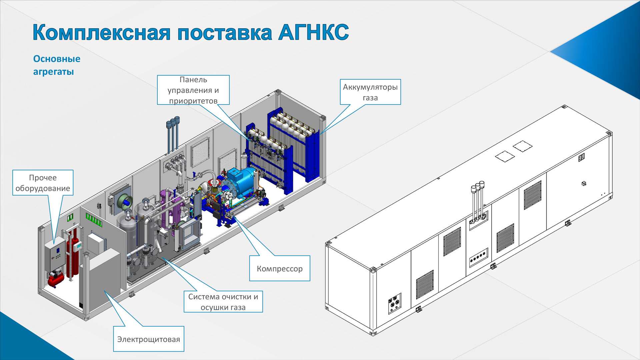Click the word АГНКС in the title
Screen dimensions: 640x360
[313, 32]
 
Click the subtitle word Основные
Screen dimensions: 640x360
[57, 59]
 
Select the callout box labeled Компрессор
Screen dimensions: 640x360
[280, 268]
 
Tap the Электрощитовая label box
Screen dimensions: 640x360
[149, 339]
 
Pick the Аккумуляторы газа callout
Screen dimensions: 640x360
[370, 92]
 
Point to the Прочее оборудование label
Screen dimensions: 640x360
[43, 183]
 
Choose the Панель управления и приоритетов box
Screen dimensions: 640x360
[193, 90]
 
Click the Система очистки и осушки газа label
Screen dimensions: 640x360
[223, 302]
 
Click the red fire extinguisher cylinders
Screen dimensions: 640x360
[72, 255]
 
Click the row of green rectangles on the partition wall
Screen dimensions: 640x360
[93, 220]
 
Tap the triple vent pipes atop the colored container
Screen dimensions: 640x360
[173, 133]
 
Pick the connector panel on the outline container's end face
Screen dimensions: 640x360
[395, 304]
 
